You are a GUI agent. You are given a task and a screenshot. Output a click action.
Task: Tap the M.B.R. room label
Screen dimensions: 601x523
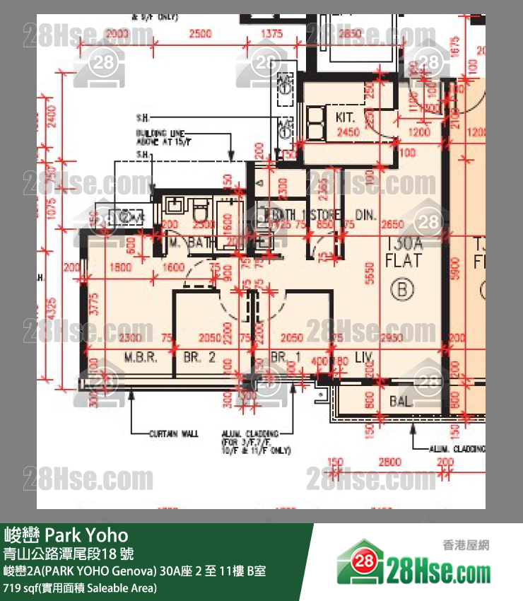(141, 357)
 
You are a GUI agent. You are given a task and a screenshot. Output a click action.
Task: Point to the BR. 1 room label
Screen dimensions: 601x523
(286, 357)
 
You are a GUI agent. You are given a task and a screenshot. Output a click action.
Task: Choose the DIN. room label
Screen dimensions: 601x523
(365, 215)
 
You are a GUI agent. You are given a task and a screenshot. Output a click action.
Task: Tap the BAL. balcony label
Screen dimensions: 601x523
(401, 402)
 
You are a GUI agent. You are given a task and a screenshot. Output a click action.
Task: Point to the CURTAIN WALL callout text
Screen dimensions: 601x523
(174, 433)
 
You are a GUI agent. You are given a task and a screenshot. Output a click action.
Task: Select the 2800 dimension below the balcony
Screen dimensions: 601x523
(389, 462)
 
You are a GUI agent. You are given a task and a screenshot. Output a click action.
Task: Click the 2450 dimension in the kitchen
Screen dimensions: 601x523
(348, 132)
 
